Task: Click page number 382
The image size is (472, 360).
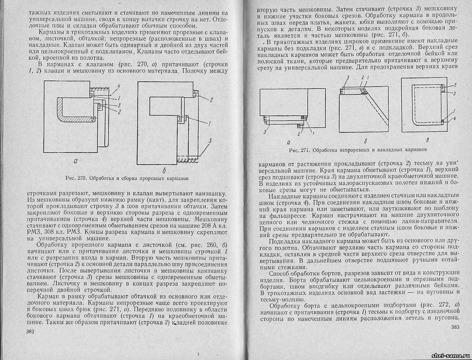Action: [x=31, y=332]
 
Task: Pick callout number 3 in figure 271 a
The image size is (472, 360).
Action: [x=265, y=131]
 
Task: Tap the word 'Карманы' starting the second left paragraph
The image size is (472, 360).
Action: [x=52, y=32]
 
